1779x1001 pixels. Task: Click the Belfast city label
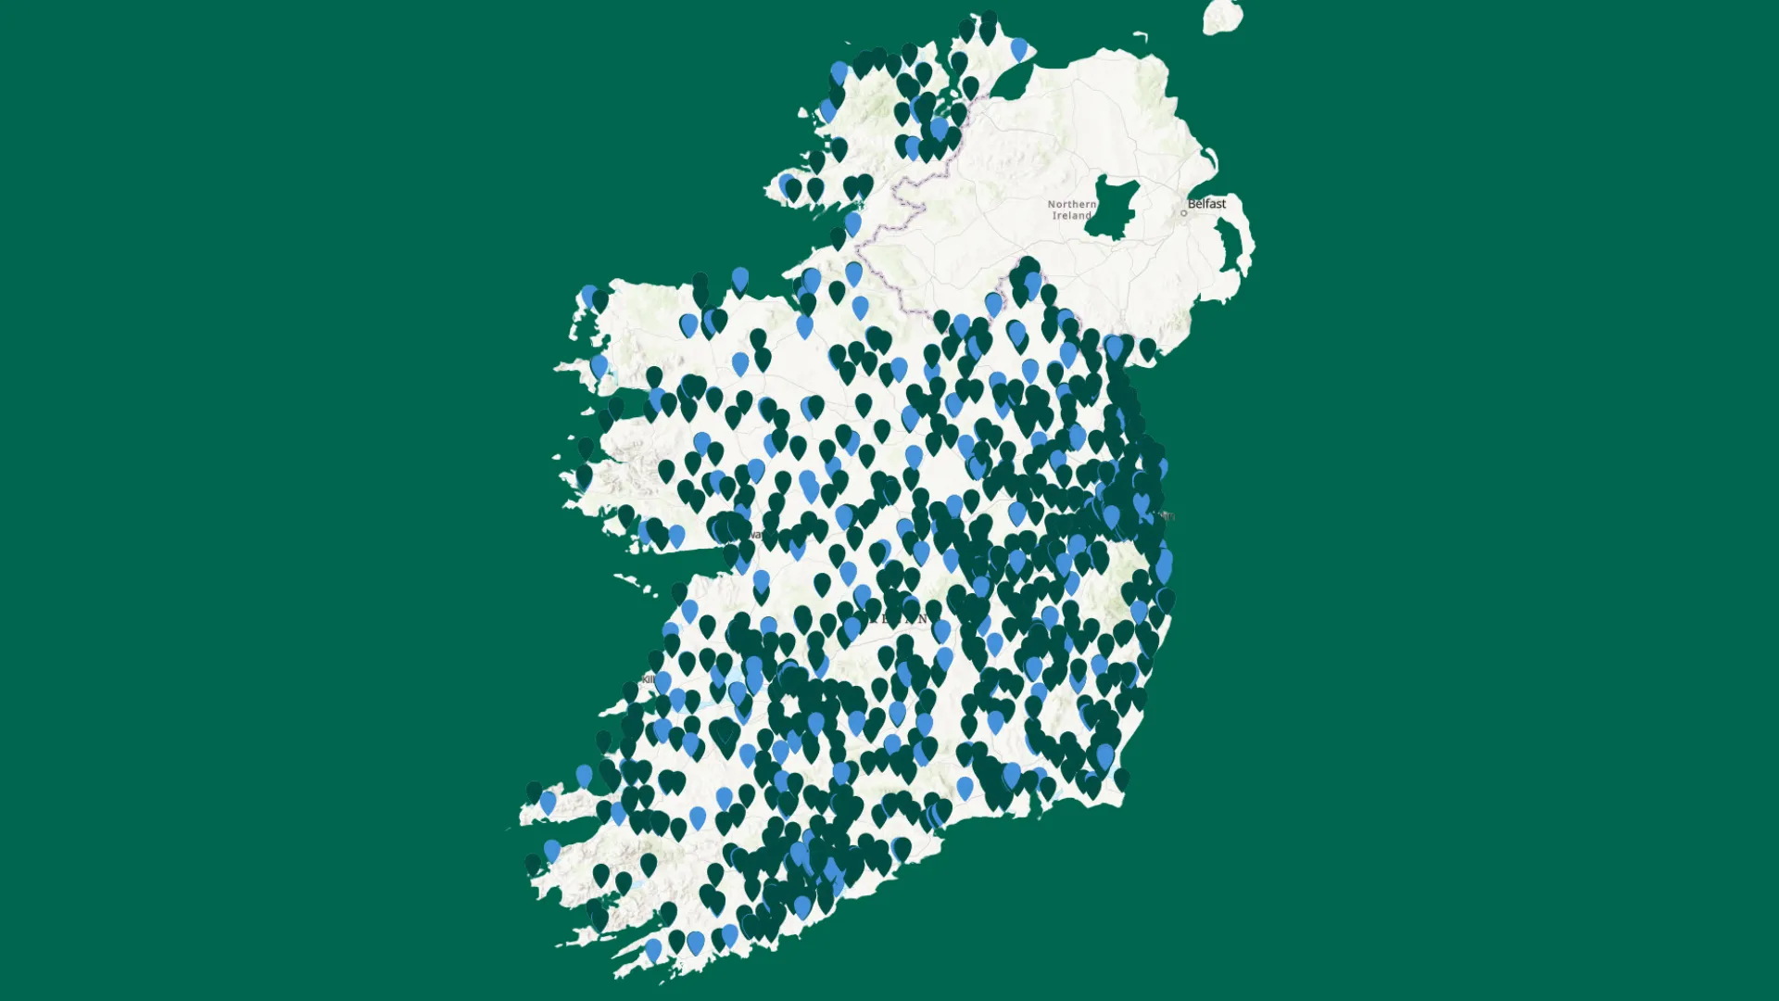[1206, 204]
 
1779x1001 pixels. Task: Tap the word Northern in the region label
[1071, 204]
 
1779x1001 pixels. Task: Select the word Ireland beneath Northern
[1071, 216]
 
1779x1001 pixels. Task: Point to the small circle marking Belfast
[1183, 213]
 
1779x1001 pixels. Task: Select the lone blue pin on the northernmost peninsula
[1019, 48]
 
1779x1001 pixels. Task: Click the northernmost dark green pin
[989, 20]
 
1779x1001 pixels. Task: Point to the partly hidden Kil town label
[648, 679]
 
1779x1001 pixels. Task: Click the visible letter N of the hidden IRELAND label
[921, 619]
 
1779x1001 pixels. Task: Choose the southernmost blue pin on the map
[654, 949]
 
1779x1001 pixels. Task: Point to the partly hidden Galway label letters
[756, 535]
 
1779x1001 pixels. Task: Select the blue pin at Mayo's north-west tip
[589, 297]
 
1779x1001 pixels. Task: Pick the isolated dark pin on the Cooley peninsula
[1148, 348]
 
